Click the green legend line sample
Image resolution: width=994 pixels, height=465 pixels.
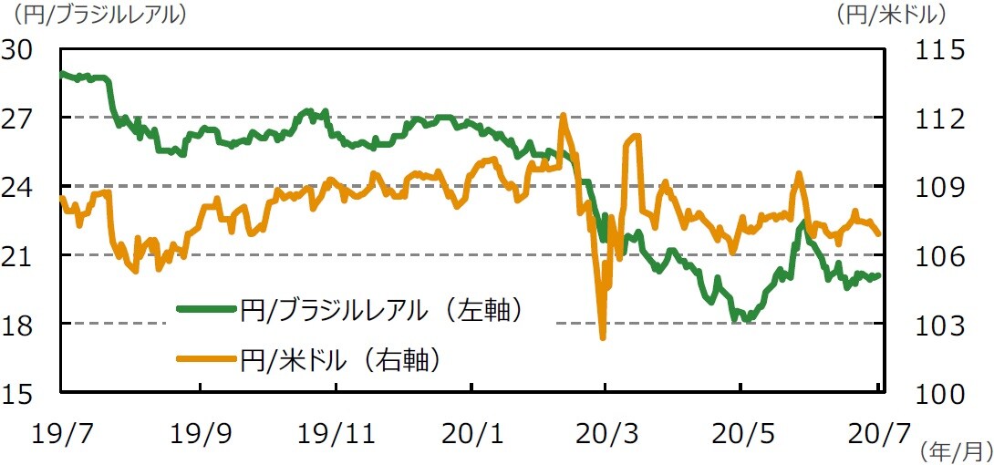point(207,311)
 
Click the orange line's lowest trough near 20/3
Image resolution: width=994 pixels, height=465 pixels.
point(603,338)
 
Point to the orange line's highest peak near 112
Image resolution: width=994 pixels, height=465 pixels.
point(563,115)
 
